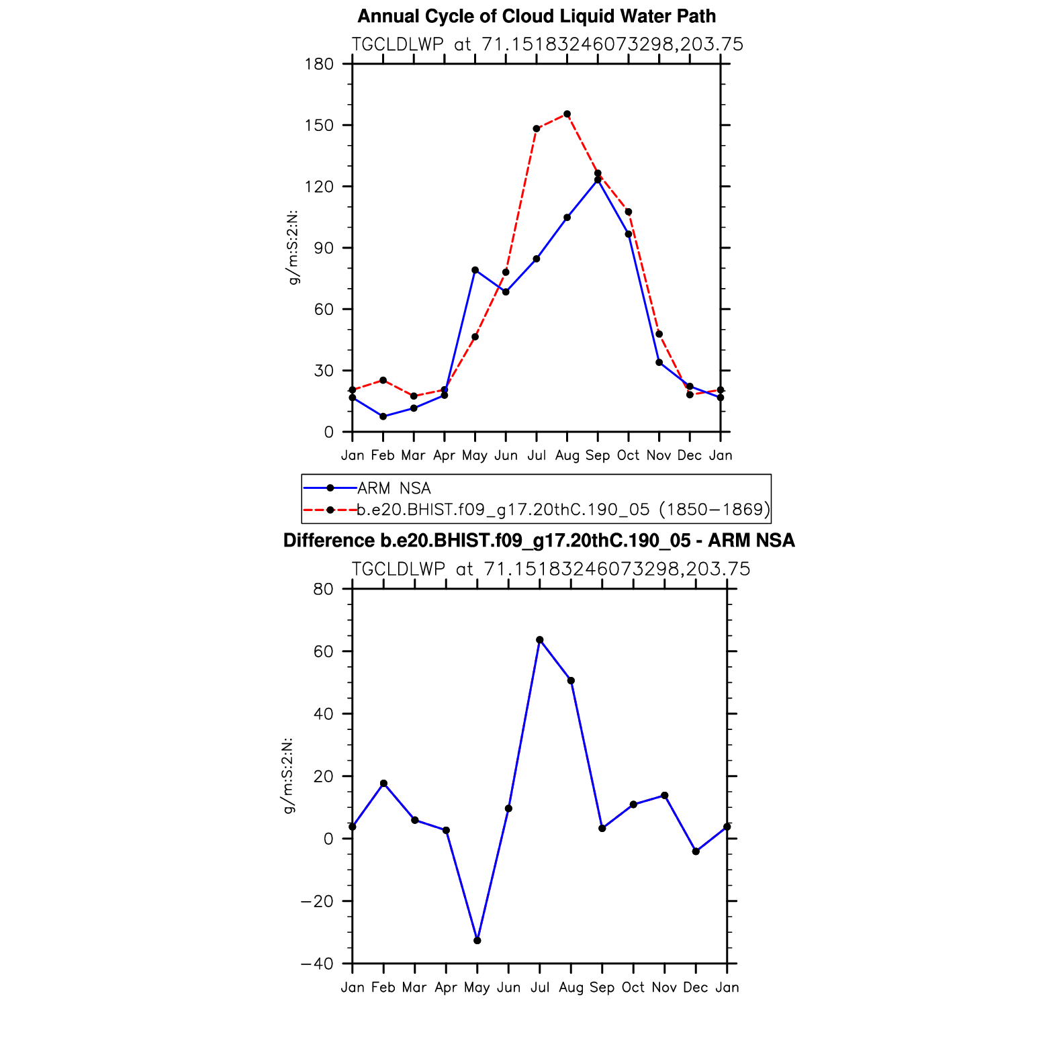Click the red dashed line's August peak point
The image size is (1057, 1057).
567,114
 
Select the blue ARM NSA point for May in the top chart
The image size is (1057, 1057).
475,270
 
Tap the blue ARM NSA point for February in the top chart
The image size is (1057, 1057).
383,416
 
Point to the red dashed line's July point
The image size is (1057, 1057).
537,128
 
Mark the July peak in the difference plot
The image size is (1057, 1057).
540,640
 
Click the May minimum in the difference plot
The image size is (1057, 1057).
477,941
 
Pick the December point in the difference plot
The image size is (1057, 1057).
696,852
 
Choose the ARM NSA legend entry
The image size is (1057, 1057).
394,488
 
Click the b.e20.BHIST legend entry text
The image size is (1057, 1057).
563,510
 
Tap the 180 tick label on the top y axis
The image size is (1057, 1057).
319,64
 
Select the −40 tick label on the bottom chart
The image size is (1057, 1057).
317,964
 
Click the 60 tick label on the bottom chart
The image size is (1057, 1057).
323,651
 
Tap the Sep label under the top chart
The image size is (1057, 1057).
598,455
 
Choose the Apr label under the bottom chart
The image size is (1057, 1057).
446,988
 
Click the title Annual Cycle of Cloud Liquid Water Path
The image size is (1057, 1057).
537,16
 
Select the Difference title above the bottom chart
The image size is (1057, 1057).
539,541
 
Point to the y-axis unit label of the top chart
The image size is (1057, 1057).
293,248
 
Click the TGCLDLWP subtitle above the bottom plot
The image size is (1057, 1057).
551,569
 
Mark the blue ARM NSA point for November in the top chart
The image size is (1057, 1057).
659,363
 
